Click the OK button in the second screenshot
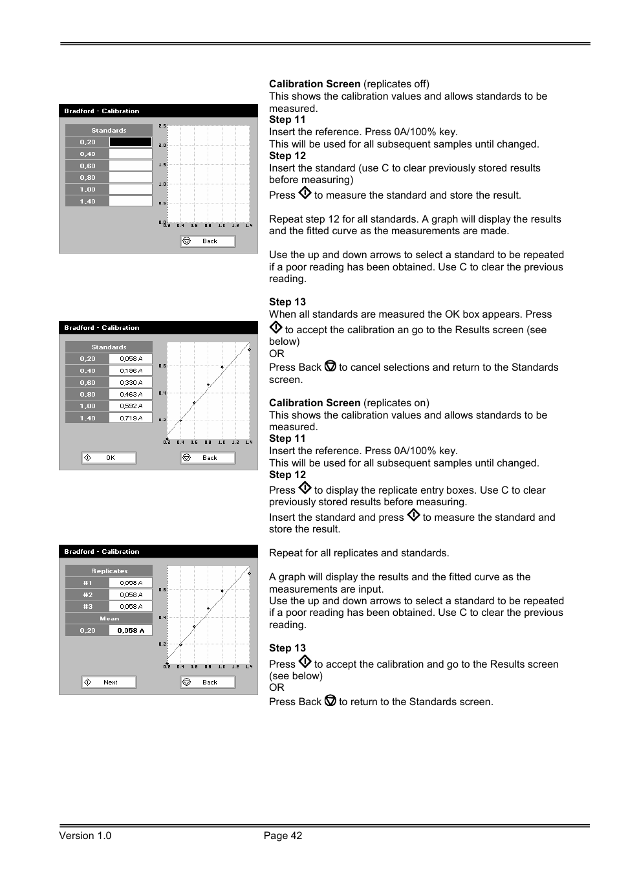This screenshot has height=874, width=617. pyautogui.click(x=109, y=458)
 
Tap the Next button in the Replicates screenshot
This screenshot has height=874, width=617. pyautogui.click(x=109, y=683)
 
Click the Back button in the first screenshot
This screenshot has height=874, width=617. pyautogui.click(x=208, y=241)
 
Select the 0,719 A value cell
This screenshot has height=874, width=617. pyautogui.click(x=131, y=419)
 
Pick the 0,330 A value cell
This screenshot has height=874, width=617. pyautogui.click(x=131, y=383)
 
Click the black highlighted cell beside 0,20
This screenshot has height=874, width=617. pyautogui.click(x=131, y=142)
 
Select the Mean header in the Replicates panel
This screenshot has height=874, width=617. pyautogui.click(x=109, y=619)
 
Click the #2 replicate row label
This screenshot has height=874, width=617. pyautogui.click(x=87, y=595)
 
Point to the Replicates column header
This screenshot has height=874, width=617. pyautogui.click(x=109, y=571)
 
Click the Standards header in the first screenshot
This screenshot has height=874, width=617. pyautogui.click(x=109, y=131)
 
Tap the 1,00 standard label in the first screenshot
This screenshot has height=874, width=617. pyautogui.click(x=87, y=190)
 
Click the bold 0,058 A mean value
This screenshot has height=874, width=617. pyautogui.click(x=131, y=631)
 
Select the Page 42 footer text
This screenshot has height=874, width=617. pyautogui.click(x=283, y=836)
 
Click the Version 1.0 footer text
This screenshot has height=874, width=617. pyautogui.click(x=85, y=836)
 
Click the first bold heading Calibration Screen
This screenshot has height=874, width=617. pyautogui.click(x=314, y=84)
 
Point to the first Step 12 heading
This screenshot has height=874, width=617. pyautogui.click(x=287, y=156)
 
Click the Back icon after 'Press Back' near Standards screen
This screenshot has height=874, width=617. pyautogui.click(x=330, y=701)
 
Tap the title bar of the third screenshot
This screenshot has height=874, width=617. pyautogui.click(x=158, y=552)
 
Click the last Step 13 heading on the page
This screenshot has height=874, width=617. pyautogui.click(x=287, y=648)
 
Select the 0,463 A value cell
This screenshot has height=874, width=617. pyautogui.click(x=131, y=395)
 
